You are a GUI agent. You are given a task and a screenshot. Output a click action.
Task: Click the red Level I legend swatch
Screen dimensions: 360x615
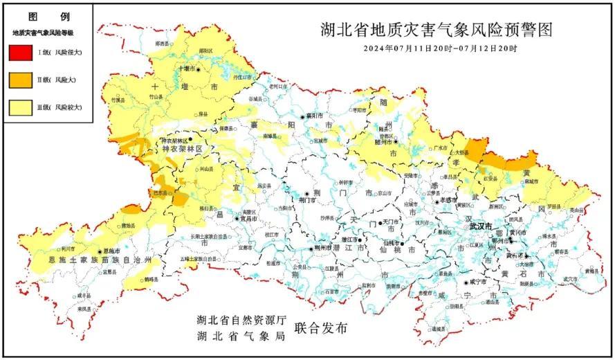tap(21, 53)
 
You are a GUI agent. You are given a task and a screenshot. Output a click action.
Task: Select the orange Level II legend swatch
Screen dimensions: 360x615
tap(21, 80)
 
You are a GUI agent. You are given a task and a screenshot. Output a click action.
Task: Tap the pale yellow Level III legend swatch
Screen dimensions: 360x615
tap(21, 107)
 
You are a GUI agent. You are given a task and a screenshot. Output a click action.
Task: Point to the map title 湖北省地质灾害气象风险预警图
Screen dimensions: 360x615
tap(438, 30)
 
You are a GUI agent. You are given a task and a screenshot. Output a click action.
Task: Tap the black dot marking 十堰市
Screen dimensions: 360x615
tap(198, 69)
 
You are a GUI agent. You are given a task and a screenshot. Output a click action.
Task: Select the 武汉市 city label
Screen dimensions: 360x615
tap(480, 226)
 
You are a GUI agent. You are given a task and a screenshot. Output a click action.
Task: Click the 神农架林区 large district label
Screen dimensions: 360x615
tap(182, 149)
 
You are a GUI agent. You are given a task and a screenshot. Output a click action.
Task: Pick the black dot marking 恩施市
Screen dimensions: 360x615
tap(100, 252)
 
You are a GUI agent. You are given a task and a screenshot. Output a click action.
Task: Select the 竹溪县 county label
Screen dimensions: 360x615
tap(118, 100)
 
